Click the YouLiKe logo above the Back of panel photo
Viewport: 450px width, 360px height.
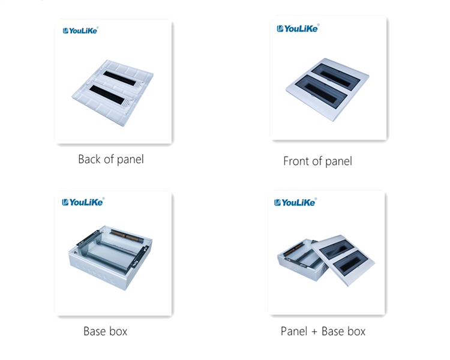(x=80, y=31)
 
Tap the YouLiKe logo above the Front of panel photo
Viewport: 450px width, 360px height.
(x=298, y=28)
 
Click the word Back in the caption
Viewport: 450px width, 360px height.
(x=89, y=160)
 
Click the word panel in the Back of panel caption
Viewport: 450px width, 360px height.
(x=131, y=160)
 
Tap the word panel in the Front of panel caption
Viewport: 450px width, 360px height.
(x=338, y=161)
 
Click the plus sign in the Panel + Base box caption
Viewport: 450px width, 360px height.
(x=314, y=332)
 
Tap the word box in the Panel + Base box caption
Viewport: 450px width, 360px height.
(x=356, y=331)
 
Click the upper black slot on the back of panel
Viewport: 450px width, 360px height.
(x=119, y=79)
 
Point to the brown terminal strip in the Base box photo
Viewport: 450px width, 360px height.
(x=126, y=236)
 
